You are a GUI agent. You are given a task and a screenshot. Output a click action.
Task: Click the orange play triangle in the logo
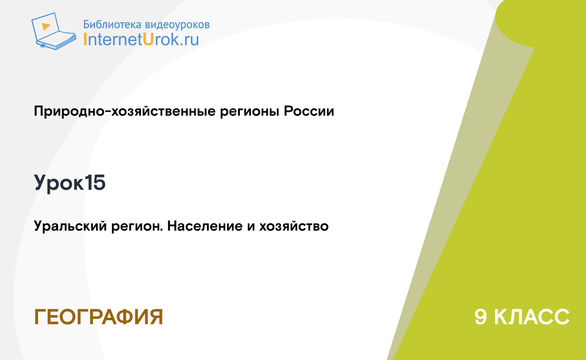[46, 26]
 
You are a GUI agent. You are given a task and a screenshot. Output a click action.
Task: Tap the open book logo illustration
[54, 31]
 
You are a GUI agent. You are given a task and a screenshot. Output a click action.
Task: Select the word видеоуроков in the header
[177, 24]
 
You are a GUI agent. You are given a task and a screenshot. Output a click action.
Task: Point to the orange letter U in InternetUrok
[148, 39]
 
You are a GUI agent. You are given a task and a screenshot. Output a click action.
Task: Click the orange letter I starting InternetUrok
[85, 39]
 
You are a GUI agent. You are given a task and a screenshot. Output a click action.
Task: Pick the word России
[309, 111]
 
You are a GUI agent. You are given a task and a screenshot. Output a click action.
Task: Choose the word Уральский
[71, 226]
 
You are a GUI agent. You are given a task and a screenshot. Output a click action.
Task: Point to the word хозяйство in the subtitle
[294, 226]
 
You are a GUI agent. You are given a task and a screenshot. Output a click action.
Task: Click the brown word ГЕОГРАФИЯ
[99, 317]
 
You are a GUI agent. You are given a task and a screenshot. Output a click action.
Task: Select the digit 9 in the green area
[481, 317]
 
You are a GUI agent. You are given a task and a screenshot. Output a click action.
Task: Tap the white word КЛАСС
[532, 317]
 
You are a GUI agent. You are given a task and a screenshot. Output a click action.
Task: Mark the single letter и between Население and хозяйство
[251, 227]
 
